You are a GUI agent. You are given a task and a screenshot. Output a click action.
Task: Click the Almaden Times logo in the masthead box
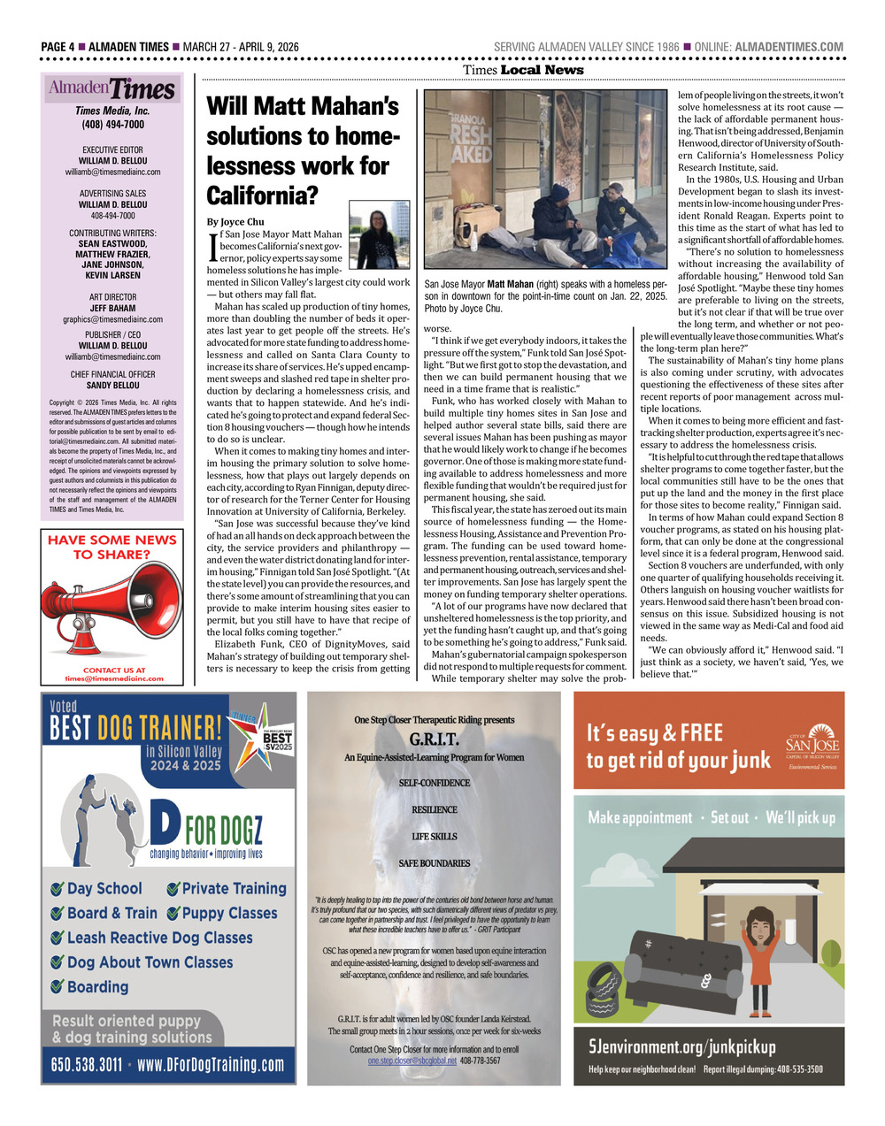pyautogui.click(x=112, y=88)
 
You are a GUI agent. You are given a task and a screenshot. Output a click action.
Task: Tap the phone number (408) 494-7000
pyautogui.click(x=112, y=125)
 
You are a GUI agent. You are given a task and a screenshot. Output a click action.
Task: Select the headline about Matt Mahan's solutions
pyautogui.click(x=303, y=150)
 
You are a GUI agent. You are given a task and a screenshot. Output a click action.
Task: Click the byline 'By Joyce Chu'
pyautogui.click(x=235, y=221)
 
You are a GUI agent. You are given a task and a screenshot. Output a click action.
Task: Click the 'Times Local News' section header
pyautogui.click(x=523, y=70)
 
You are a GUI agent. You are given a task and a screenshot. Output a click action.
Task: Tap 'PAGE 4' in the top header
pyautogui.click(x=58, y=47)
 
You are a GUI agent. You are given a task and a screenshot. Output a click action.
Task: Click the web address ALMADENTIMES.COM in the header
pyautogui.click(x=789, y=47)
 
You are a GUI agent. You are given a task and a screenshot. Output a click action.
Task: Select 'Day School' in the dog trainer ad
pyautogui.click(x=104, y=888)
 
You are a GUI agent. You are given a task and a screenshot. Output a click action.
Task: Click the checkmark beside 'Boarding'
pyautogui.click(x=58, y=987)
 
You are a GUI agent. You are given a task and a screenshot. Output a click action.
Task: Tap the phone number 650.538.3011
pyautogui.click(x=87, y=1064)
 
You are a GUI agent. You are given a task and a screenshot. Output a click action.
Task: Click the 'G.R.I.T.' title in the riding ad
pyautogui.click(x=434, y=739)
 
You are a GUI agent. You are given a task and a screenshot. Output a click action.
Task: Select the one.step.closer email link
pyautogui.click(x=412, y=1060)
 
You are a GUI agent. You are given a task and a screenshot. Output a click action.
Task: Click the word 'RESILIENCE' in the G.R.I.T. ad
pyautogui.click(x=434, y=809)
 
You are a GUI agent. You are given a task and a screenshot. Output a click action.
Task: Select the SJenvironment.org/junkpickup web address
pyautogui.click(x=681, y=1047)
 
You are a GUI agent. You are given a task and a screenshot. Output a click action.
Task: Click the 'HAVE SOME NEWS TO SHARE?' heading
pyautogui.click(x=112, y=547)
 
